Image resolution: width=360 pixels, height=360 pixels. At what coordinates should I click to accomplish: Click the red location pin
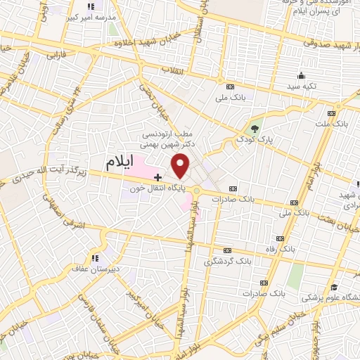[181, 166]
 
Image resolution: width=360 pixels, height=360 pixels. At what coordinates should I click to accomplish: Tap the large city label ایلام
[120, 162]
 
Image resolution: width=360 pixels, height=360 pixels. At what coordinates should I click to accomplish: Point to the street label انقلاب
[172, 71]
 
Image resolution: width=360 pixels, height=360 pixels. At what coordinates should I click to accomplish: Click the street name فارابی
[55, 54]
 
